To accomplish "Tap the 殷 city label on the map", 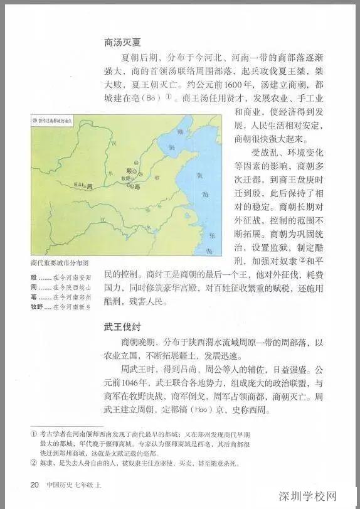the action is click(130, 170).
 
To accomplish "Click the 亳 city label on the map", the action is click(136, 186).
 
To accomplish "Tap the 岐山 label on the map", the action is click(78, 185).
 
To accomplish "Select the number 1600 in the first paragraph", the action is click(257, 83).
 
